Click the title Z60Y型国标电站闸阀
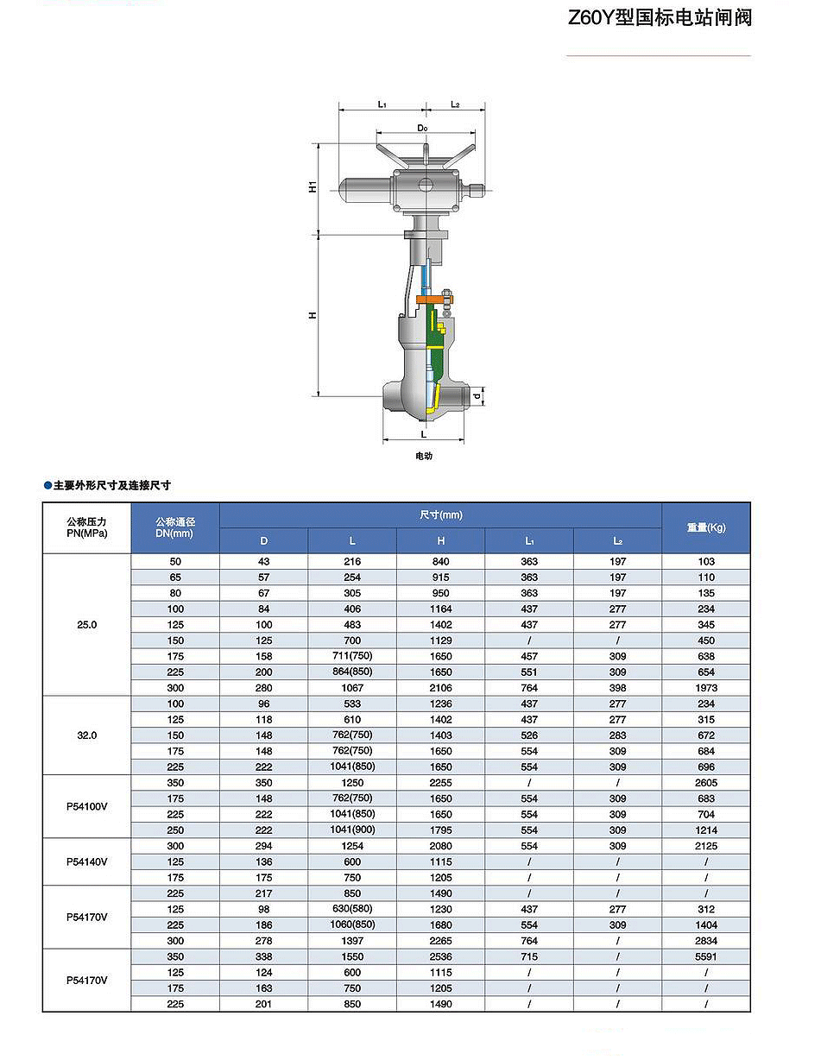point(660,18)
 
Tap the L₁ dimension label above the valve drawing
point(382,104)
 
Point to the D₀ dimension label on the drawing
point(422,128)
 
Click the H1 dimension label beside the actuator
point(314,186)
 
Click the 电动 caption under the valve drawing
point(423,456)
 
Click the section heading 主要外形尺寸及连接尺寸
point(111,486)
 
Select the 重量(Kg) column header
point(705,527)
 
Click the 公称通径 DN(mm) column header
point(175,527)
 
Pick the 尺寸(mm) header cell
point(440,514)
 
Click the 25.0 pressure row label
point(86,624)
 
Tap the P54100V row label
point(86,806)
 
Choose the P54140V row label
point(86,861)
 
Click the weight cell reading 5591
point(705,956)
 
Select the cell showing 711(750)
point(351,656)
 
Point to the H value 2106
point(440,688)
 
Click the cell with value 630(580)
point(351,909)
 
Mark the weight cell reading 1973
point(705,688)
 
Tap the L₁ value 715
point(529,956)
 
